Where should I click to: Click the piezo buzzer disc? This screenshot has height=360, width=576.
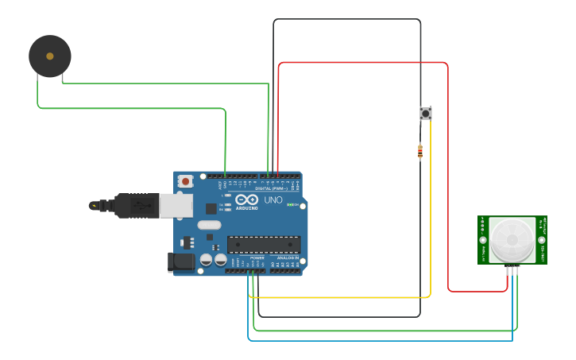tap(50, 56)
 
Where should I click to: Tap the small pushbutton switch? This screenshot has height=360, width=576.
tap(426, 114)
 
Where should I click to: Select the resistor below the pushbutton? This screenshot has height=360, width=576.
tap(420, 150)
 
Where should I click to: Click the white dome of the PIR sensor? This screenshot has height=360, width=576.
tap(512, 240)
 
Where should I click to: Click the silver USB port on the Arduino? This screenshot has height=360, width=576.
tap(176, 205)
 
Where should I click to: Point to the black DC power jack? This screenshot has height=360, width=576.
tap(182, 261)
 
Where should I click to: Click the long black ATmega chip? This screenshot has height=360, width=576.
tap(264, 245)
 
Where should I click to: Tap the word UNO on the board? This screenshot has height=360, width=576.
tap(273, 199)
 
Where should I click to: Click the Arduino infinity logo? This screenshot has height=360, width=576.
tap(247, 199)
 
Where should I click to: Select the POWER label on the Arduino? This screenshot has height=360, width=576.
tap(257, 259)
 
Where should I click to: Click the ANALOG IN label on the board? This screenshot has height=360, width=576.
tap(288, 259)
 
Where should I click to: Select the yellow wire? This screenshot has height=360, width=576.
tap(342, 297)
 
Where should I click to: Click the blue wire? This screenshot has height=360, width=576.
tap(381, 340)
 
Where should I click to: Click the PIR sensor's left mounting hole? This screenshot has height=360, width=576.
tap(483, 239)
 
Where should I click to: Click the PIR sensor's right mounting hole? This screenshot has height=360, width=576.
tap(542, 239)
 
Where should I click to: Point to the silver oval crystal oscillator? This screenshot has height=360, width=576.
tap(209, 225)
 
